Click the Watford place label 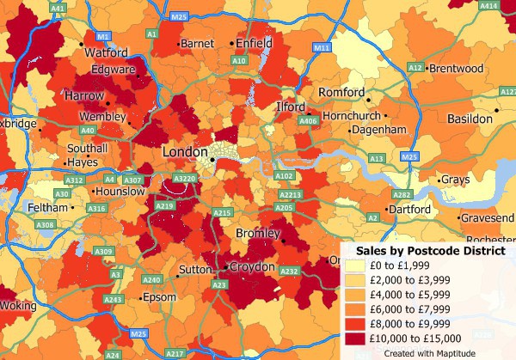106,52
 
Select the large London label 185,152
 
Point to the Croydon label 251,268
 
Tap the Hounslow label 121,192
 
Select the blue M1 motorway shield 103,37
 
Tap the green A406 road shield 307,121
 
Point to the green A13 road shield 376,159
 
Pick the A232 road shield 289,272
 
